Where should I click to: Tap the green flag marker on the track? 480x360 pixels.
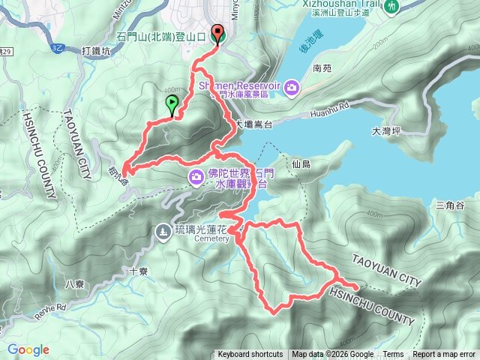[x=172, y=105]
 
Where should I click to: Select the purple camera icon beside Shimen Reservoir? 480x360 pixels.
[x=291, y=88]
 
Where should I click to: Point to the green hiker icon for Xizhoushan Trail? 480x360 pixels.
[x=391, y=6]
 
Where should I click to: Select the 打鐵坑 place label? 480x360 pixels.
[x=96, y=51]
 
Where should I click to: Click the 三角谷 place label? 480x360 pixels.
[x=450, y=205]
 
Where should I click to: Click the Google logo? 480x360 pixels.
[x=28, y=349]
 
